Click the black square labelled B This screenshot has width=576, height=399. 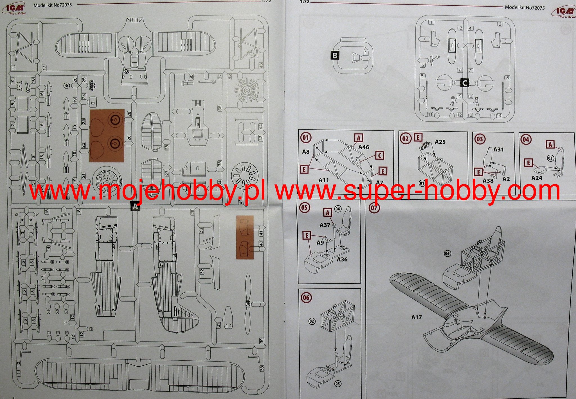point(335,55)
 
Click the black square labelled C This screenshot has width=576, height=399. point(464,83)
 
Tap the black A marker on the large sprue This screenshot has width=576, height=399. point(135,206)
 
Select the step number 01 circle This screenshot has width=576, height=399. point(306,138)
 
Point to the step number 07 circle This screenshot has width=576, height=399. point(374,208)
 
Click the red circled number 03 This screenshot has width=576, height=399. point(480,139)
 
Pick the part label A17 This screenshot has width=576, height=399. point(417,317)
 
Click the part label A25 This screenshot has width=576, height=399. point(440,142)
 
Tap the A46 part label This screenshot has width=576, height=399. point(364,147)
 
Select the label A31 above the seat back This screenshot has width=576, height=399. point(498,149)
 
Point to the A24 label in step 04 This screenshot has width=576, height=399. point(537,178)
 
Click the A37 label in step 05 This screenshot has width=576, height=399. point(325,225)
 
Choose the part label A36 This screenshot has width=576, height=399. point(342,259)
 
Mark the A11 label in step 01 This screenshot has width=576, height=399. point(324,180)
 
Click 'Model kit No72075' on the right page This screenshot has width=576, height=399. point(525,8)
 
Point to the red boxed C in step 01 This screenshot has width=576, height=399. point(379,156)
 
